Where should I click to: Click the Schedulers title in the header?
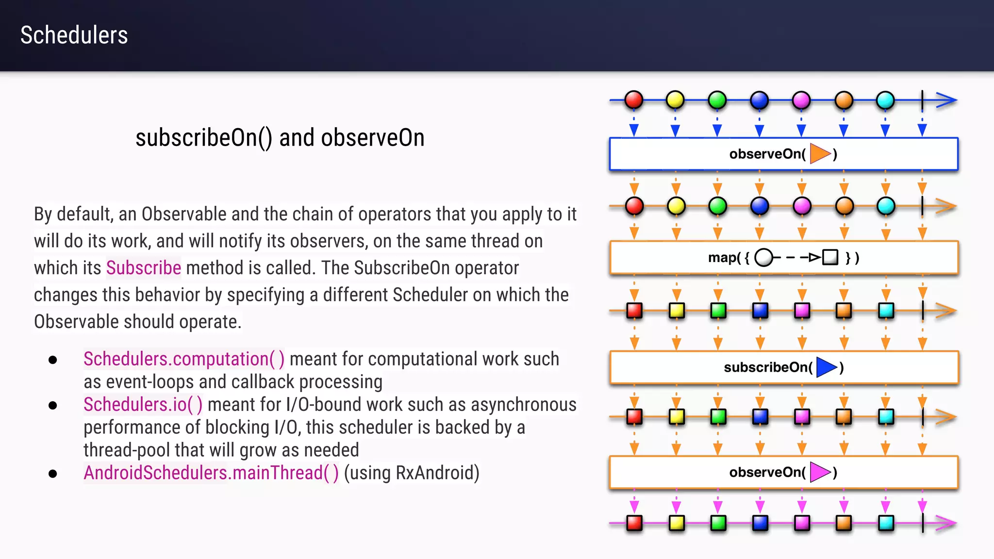tap(74, 35)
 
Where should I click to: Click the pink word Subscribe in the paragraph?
tap(144, 268)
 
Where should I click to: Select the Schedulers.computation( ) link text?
tap(183, 359)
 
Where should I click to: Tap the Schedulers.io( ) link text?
tap(143, 405)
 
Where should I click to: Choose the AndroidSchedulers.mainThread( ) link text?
tap(211, 473)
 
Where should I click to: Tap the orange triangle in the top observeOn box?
tap(820, 154)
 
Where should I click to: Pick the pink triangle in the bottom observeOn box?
tap(820, 472)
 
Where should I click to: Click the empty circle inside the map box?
tap(763, 257)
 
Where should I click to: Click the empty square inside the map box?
tap(830, 257)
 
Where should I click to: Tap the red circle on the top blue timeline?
tap(633, 100)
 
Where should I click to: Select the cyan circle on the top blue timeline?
tap(885, 100)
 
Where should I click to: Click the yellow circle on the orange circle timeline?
tap(676, 206)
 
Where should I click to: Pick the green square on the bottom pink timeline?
tap(718, 523)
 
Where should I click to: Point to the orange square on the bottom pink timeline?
tap(844, 523)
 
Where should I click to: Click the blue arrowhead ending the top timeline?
tap(946, 100)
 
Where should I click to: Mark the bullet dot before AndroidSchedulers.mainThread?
tap(53, 474)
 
